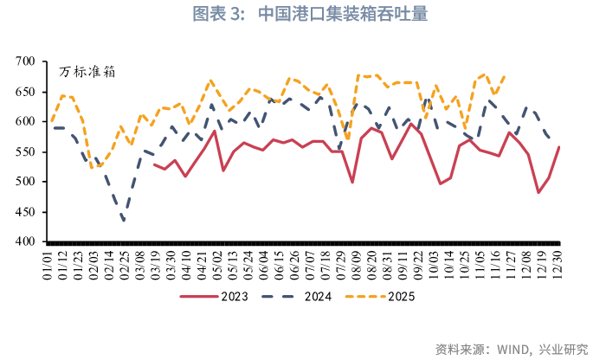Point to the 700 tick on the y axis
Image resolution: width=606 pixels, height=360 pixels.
[x=24, y=61]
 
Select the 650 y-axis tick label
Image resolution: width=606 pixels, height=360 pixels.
[x=24, y=92]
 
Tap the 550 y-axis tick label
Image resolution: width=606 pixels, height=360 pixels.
[x=24, y=151]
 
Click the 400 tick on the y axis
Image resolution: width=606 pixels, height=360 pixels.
[x=24, y=241]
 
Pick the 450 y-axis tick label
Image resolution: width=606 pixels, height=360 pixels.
[x=24, y=212]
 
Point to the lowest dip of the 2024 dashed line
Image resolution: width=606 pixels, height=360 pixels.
[x=124, y=221]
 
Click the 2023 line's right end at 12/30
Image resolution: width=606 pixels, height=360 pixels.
[x=558, y=147]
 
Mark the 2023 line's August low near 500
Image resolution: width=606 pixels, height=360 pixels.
[x=352, y=182]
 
